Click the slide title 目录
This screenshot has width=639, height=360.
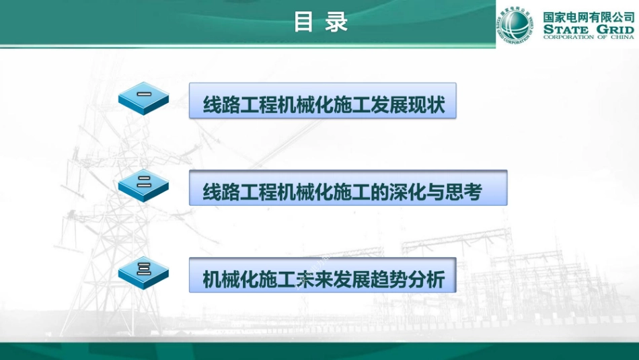tap(320, 22)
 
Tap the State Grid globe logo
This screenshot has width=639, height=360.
tap(515, 24)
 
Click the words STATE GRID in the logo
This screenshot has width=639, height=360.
tap(588, 30)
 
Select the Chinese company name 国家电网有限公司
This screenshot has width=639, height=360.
tap(588, 16)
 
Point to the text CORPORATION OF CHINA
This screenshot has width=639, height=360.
tap(588, 38)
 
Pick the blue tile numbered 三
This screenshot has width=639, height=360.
tap(143, 272)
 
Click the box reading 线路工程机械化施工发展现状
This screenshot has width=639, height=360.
tap(323, 101)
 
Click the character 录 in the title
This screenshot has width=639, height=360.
tap(337, 22)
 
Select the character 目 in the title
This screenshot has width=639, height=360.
tap(304, 22)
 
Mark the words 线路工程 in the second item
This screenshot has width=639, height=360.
tap(240, 192)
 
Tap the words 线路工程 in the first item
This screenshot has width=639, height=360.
tap(240, 106)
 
